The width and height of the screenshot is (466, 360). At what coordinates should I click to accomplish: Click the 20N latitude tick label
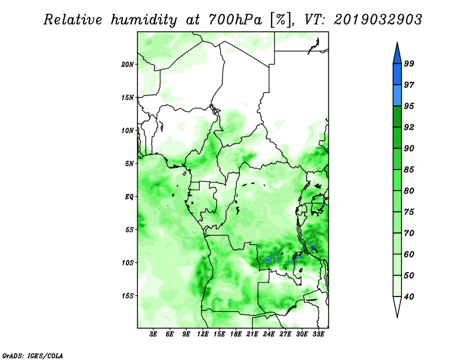pos(127,65)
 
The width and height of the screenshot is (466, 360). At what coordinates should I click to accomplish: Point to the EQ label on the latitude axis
pos(129,197)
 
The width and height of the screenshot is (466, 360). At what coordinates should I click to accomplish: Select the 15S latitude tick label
pos(127,296)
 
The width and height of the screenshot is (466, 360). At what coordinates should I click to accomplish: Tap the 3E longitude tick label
pos(153,334)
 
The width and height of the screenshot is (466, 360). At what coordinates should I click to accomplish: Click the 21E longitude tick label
pos(252,334)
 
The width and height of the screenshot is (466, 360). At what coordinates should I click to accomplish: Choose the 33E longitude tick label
pos(318,334)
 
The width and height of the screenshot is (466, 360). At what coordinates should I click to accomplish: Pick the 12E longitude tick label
pos(202,334)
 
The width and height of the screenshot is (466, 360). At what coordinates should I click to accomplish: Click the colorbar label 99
pos(409,63)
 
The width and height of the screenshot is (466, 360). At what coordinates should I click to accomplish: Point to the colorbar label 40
pos(409,297)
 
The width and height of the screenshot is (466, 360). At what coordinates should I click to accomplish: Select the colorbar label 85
pos(409,170)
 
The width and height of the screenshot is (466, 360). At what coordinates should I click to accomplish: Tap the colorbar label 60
pos(409,254)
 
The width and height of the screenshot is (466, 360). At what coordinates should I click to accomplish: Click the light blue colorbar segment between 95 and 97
pos(397,96)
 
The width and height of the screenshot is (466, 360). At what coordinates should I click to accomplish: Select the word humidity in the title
pos(144,20)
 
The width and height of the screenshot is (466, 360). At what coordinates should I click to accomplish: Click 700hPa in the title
pos(235,20)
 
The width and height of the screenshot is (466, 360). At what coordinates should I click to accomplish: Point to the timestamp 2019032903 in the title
pos(377,20)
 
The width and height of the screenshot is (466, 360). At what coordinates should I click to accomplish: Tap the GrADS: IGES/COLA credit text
pos(33,355)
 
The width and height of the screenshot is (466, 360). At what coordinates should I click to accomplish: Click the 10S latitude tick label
pos(127,263)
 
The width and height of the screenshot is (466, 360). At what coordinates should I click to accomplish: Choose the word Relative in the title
pos(73,20)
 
